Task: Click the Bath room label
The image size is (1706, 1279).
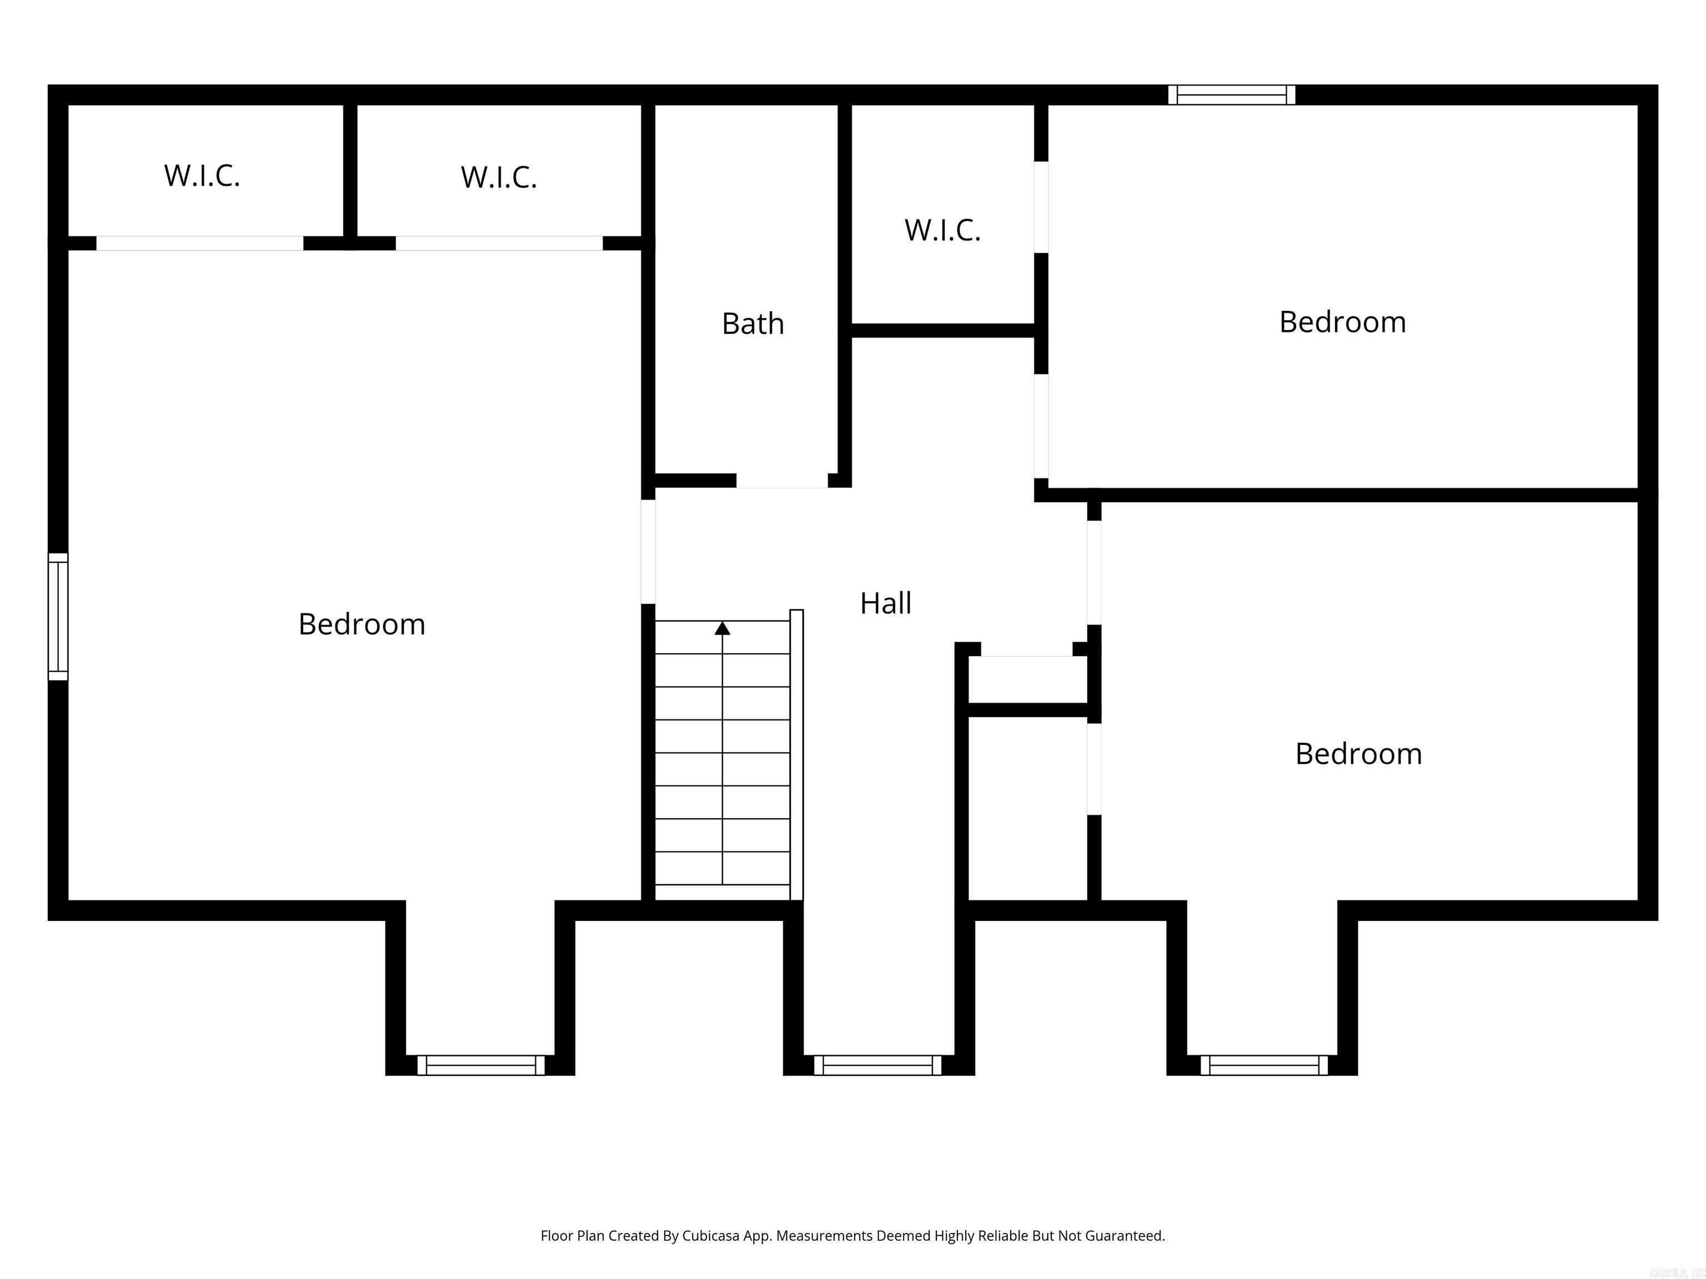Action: click(752, 324)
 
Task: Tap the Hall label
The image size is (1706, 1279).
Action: click(885, 603)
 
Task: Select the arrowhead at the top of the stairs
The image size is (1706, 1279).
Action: click(722, 628)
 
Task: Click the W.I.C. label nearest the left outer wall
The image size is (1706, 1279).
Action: click(202, 176)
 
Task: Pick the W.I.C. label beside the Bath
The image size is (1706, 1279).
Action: click(942, 230)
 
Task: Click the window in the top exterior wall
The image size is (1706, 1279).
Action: click(1232, 95)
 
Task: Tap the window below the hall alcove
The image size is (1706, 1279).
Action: click(877, 1065)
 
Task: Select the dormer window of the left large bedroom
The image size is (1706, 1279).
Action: click(480, 1065)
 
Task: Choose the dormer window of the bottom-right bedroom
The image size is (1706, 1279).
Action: click(1264, 1065)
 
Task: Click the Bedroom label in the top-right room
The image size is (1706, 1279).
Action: click(1342, 323)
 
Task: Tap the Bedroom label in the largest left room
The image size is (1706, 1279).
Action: click(362, 625)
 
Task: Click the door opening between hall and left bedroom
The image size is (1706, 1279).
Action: click(649, 551)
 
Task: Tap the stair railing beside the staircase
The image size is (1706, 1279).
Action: click(797, 756)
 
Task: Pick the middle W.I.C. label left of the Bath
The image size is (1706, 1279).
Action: click(498, 177)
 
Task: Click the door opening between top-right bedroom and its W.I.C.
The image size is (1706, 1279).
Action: click(1041, 207)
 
